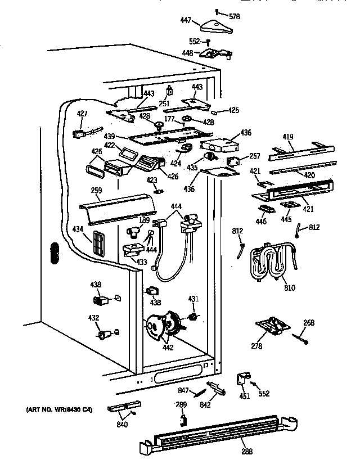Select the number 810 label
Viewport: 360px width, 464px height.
(289, 288)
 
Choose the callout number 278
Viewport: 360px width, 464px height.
(256, 346)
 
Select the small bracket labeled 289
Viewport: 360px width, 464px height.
(182, 419)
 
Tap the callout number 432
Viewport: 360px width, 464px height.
(94, 318)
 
